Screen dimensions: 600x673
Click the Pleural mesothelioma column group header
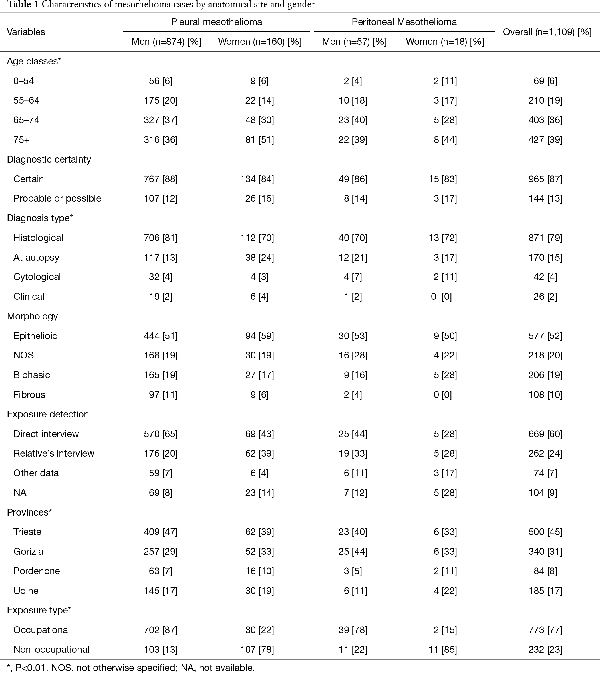coord(216,22)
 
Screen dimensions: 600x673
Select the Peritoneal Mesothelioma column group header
coord(404,22)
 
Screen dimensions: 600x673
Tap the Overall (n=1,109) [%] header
coord(547,32)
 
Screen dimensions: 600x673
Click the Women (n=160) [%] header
coord(260,42)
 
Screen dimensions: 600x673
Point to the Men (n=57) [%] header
coord(355,42)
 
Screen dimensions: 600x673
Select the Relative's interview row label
coord(54,454)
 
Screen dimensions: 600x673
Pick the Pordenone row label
coord(37,571)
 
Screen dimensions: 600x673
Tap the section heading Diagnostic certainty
coord(49,159)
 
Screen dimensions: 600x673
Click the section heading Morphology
coord(32,316)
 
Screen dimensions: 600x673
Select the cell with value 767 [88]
coord(160,179)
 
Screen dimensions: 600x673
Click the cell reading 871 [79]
coord(545,238)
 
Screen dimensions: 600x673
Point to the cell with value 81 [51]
coord(259,140)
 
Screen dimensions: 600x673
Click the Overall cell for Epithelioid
coord(545,336)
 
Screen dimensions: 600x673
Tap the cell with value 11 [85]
coord(445,650)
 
